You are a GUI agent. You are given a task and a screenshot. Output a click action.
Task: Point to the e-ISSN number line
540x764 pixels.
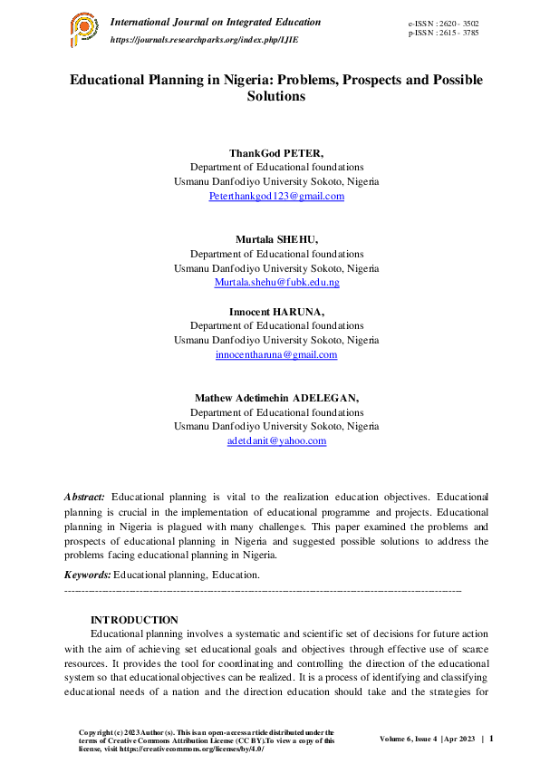[x=444, y=22]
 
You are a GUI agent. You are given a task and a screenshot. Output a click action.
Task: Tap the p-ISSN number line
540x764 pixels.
[x=444, y=33]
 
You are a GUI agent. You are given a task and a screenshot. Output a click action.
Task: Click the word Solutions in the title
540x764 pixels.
[x=276, y=95]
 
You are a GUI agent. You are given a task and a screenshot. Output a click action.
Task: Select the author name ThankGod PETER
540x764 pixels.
[x=276, y=154]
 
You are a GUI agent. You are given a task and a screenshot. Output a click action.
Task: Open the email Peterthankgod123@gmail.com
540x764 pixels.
[x=276, y=196]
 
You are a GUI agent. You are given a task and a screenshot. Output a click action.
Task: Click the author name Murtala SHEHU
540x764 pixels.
[x=276, y=240]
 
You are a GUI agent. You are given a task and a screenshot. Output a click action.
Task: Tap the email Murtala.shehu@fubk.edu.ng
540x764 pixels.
[x=276, y=282]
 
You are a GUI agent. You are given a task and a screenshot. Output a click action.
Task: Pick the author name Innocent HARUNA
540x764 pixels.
[x=276, y=312]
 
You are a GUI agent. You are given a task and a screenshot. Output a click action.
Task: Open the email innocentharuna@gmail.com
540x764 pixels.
[x=276, y=354]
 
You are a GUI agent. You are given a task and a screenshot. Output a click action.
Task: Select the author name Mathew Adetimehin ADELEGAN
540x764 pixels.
[x=276, y=398]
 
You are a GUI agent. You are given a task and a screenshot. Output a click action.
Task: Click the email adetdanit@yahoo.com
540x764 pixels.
[x=276, y=440]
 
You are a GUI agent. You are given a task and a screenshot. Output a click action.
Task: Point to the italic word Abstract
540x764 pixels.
[x=84, y=497]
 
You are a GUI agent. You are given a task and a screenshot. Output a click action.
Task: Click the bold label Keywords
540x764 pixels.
[x=88, y=575]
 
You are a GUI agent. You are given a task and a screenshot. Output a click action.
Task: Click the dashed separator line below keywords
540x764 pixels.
[x=263, y=590]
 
